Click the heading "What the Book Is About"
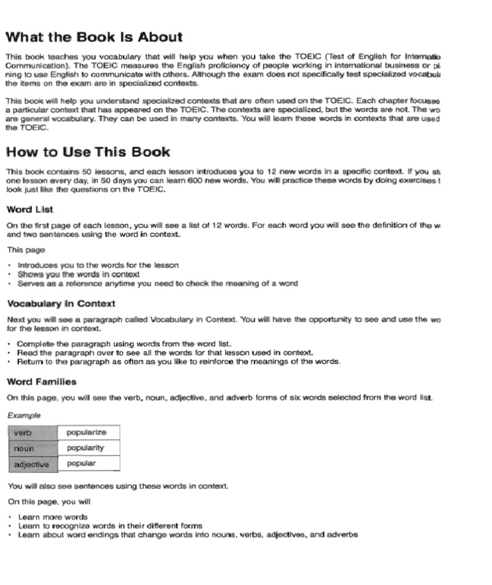(x=94, y=38)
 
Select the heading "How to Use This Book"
(x=88, y=152)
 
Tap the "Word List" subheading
(x=31, y=210)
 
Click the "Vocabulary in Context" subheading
(x=61, y=304)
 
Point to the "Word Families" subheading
(x=42, y=382)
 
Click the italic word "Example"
(x=24, y=415)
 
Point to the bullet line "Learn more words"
(x=53, y=517)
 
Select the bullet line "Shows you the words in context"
(x=78, y=274)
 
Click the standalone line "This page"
(x=22, y=250)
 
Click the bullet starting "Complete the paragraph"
(x=124, y=343)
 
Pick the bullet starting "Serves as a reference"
(x=157, y=284)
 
